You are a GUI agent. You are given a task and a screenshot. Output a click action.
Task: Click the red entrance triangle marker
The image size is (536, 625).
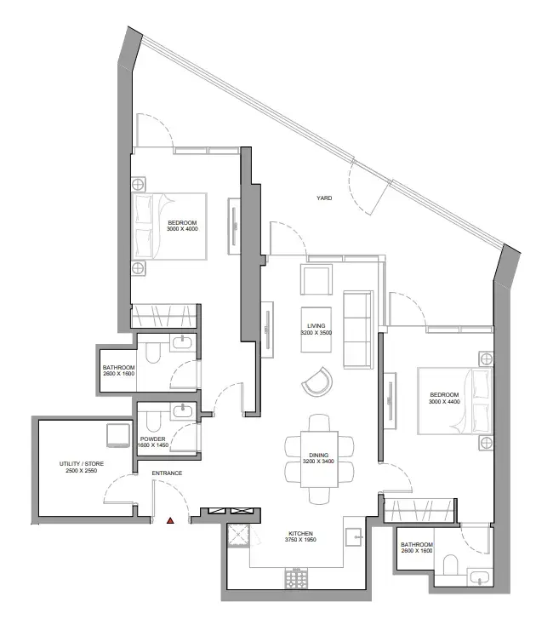click(x=170, y=520)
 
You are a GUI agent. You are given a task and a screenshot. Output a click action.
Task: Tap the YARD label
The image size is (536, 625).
click(x=324, y=198)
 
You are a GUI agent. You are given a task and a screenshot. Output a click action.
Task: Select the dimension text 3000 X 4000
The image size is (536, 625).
click(x=182, y=229)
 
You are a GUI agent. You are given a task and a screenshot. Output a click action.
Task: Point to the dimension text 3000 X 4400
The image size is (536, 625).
click(x=444, y=401)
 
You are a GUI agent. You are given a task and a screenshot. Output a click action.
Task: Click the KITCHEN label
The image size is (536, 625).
click(x=300, y=533)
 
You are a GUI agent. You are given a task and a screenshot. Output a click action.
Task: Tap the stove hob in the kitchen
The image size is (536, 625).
click(x=296, y=577)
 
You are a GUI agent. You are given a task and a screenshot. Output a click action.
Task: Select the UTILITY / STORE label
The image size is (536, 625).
click(x=81, y=463)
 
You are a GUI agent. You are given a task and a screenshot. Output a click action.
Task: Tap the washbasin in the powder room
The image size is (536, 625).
click(x=183, y=411)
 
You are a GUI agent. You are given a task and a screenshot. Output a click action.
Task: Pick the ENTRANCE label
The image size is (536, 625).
click(x=167, y=473)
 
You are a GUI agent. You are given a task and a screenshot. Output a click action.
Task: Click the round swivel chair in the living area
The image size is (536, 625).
click(x=316, y=381)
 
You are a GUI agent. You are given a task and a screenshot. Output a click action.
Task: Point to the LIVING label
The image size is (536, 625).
click(x=316, y=325)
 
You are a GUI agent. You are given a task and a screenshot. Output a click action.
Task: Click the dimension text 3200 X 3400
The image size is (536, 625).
click(x=318, y=462)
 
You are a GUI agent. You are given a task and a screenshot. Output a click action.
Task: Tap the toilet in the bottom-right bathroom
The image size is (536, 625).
click(x=451, y=565)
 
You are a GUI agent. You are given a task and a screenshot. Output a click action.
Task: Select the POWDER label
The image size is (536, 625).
click(x=152, y=439)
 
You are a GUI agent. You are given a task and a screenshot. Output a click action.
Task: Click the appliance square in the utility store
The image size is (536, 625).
click(x=118, y=435)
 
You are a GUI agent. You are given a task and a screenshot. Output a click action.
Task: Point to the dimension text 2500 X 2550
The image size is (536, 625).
click(x=81, y=470)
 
